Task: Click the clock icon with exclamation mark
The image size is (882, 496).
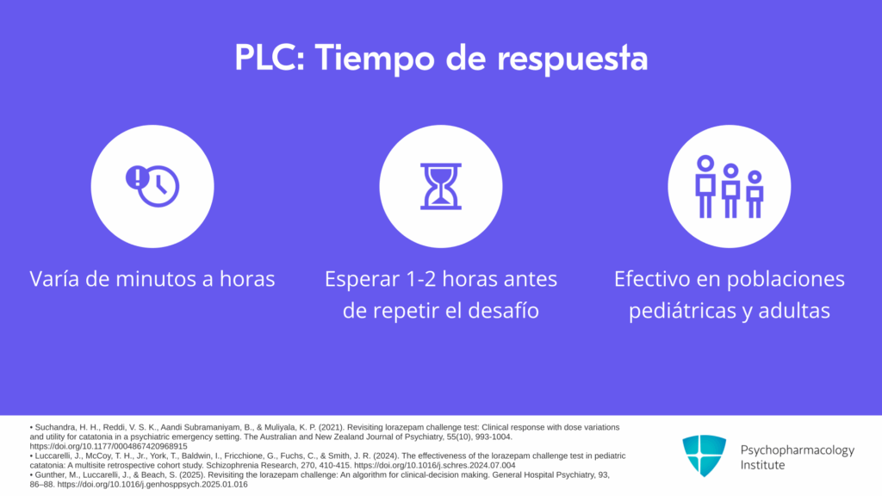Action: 152,186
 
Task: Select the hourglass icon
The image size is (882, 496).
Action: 441,186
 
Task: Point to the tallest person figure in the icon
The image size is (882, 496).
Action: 705,186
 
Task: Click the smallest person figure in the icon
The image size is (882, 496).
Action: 755,194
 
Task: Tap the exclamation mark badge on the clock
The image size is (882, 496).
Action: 136,177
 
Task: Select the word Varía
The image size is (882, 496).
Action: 54,279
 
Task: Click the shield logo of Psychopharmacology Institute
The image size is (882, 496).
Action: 705,456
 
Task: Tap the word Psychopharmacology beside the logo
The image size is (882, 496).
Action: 797,450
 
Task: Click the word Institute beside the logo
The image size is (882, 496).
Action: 762,465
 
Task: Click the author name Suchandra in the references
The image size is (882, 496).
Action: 53,427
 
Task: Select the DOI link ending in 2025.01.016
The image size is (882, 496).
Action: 152,484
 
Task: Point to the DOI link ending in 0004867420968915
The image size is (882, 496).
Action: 109,447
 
